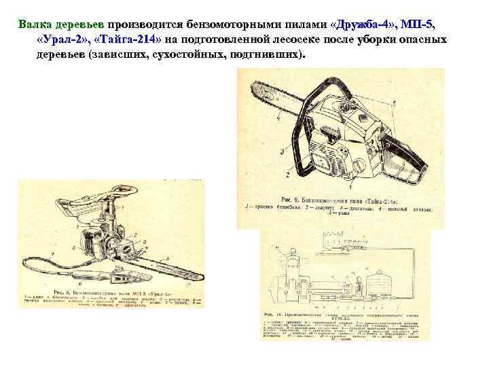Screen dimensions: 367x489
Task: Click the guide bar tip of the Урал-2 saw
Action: (196, 277)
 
